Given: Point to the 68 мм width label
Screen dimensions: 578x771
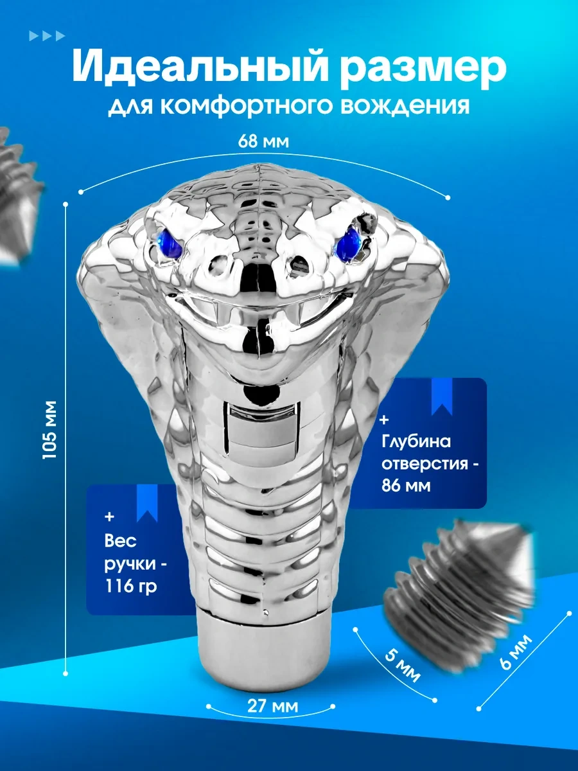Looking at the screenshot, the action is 263,141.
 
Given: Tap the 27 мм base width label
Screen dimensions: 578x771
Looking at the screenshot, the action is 273,706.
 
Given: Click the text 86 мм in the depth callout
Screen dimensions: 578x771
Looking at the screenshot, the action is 406,486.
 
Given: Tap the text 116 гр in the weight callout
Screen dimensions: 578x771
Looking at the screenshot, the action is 131,585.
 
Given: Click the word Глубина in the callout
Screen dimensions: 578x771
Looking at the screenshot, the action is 416,441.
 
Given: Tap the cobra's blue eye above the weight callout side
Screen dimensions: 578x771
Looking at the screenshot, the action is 169,242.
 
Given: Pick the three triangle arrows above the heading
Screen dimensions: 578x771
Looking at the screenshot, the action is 47,36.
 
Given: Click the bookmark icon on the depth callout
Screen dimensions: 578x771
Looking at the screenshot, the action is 442,397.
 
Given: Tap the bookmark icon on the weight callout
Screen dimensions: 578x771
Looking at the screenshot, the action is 147,503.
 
